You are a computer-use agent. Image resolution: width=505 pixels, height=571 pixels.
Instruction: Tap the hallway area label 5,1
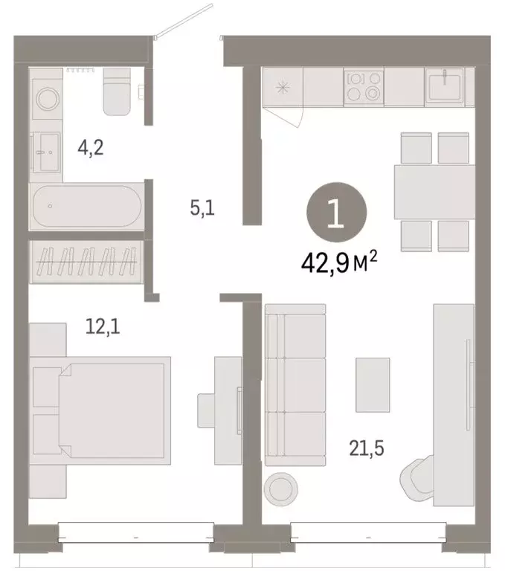click(202, 209)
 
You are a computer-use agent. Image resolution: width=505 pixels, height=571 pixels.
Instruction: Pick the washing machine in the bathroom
click(46, 98)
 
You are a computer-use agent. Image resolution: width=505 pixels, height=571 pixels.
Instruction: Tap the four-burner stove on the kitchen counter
click(364, 86)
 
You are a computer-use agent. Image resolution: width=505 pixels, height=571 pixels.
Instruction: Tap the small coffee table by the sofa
click(373, 384)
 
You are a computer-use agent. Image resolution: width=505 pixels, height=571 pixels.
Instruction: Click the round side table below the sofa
click(281, 488)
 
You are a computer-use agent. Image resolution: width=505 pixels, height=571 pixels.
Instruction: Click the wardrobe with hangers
click(86, 262)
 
